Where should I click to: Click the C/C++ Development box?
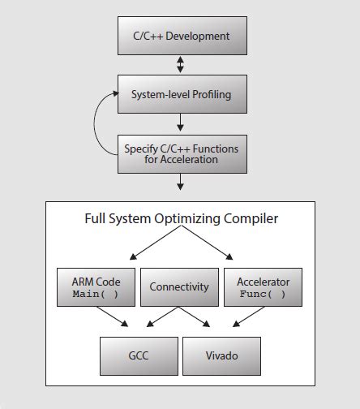tap(180, 37)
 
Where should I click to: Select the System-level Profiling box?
tap(180, 95)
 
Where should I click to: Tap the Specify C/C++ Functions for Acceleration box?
tap(180, 154)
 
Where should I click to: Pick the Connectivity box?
tap(179, 286)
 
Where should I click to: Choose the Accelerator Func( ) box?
tap(263, 286)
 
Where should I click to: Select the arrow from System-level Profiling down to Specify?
tap(180, 123)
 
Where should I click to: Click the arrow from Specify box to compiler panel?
tap(180, 182)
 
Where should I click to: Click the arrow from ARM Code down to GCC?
tap(114, 318)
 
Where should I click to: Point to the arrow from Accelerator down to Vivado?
tap(240, 318)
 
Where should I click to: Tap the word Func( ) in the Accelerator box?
tap(263, 294)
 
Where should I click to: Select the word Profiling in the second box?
tap(209, 95)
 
